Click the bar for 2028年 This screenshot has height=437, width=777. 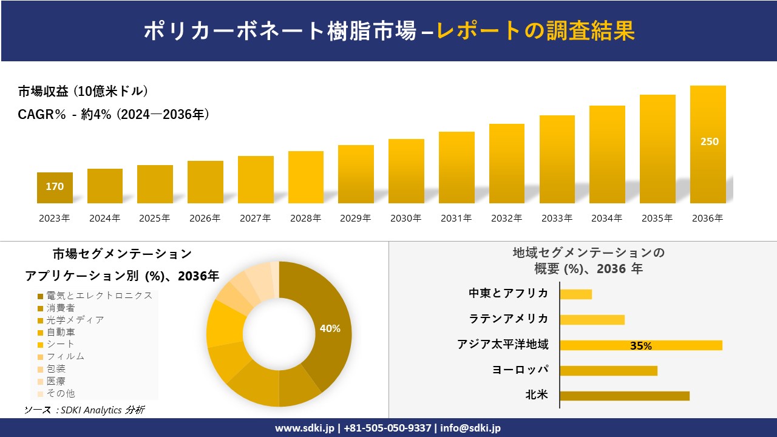pyautogui.click(x=305, y=177)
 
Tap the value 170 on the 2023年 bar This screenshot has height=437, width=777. pyautogui.click(x=55, y=187)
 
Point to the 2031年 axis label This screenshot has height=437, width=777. pyautogui.click(x=456, y=218)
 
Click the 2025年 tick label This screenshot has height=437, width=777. pyautogui.click(x=155, y=218)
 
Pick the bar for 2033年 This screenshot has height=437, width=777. pyautogui.click(x=557, y=159)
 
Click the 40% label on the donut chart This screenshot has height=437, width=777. pyautogui.click(x=330, y=328)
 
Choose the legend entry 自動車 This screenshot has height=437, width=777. pyautogui.click(x=61, y=332)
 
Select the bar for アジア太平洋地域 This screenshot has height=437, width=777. pyautogui.click(x=640, y=345)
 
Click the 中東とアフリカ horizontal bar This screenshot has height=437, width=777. pyautogui.click(x=575, y=294)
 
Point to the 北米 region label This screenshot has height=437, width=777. pyautogui.click(x=537, y=395)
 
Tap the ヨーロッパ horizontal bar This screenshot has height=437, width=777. pyautogui.click(x=608, y=370)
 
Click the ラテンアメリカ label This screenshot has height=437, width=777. pyautogui.click(x=508, y=319)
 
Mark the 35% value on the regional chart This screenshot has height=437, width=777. pyautogui.click(x=640, y=346)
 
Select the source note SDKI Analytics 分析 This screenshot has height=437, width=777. pyautogui.click(x=84, y=410)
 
